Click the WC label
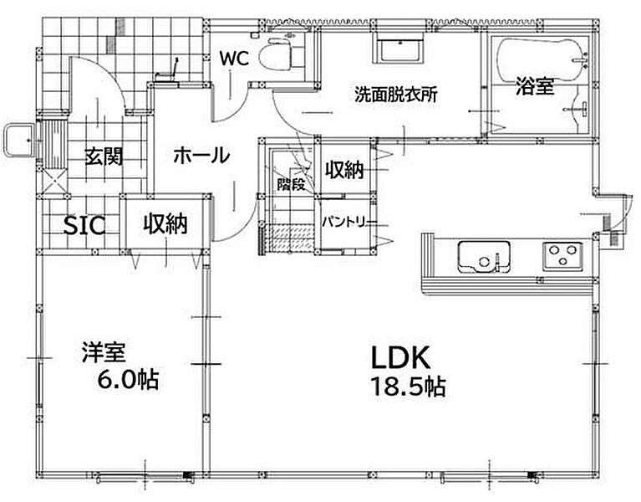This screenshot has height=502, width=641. click(234, 59)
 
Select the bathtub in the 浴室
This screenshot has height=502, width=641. click(541, 59)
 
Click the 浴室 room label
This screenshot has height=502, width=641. click(534, 86)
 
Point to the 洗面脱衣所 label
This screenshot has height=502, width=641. click(396, 95)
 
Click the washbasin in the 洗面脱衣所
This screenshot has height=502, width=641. click(399, 49)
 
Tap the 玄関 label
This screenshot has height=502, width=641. click(104, 156)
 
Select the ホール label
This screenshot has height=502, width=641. click(201, 156)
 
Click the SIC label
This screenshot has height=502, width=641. click(84, 225)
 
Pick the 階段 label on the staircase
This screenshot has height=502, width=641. click(291, 185)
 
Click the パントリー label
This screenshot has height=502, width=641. click(343, 223)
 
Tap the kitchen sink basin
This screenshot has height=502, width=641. click(484, 257)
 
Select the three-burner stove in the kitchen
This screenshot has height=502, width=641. click(562, 256)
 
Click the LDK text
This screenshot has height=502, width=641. click(400, 358)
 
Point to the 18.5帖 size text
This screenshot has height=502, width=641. click(408, 387)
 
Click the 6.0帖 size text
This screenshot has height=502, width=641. click(128, 380)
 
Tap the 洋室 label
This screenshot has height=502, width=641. click(104, 352)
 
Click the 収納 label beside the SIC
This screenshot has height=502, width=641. click(165, 223)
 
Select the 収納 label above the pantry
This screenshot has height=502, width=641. click(344, 169)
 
